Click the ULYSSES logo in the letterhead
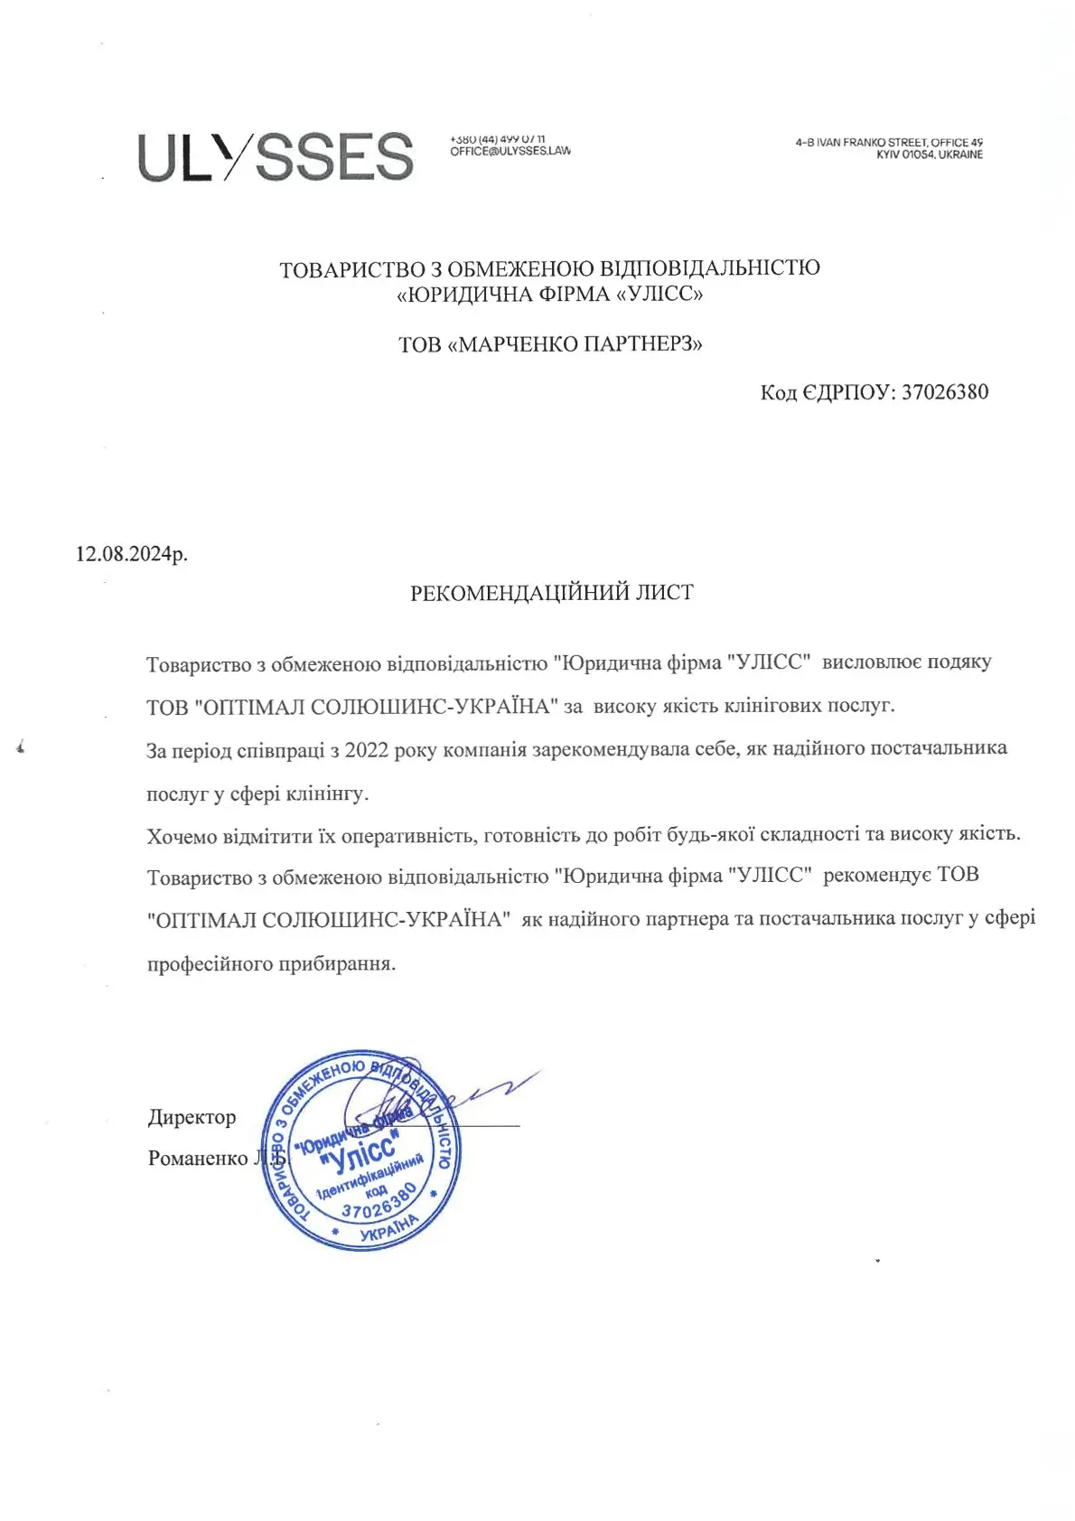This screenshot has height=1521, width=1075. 276,157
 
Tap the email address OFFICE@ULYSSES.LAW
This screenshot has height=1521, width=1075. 510,151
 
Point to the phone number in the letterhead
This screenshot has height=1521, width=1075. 497,139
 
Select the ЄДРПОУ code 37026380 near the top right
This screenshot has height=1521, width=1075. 944,392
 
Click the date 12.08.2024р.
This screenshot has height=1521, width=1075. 132,554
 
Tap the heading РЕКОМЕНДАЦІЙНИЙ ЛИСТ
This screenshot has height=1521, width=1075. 552,593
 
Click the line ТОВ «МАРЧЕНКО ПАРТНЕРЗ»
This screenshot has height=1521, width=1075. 550,344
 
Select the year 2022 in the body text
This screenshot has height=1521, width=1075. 369,750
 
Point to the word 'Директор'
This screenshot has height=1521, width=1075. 192,1117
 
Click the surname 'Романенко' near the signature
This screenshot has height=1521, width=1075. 198,1159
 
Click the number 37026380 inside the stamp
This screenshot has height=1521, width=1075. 379,1201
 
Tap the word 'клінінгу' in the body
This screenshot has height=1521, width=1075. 327,794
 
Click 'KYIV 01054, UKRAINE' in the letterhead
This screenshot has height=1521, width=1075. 929,155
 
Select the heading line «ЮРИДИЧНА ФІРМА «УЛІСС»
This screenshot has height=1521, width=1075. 550,294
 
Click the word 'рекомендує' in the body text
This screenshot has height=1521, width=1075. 877,875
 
